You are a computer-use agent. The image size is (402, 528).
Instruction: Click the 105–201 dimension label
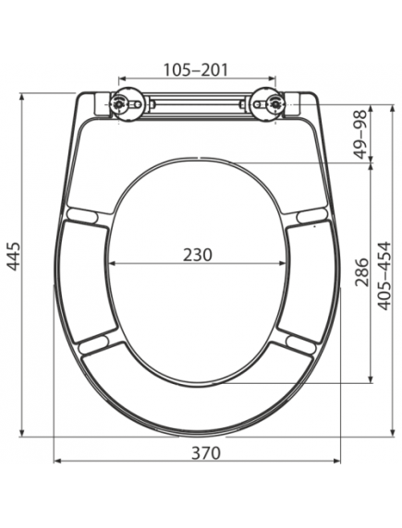point(195,69)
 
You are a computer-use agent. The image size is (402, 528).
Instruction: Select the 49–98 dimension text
point(361,133)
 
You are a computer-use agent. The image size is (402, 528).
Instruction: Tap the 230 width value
point(196,254)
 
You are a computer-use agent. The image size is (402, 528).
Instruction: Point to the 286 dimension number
point(361,273)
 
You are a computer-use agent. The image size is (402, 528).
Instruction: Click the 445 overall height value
point(13,261)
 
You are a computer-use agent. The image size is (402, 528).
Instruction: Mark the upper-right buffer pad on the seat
point(311,215)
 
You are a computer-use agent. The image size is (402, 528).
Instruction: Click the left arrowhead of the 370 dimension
point(57,462)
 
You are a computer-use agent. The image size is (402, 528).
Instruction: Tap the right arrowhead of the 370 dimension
point(337,462)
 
